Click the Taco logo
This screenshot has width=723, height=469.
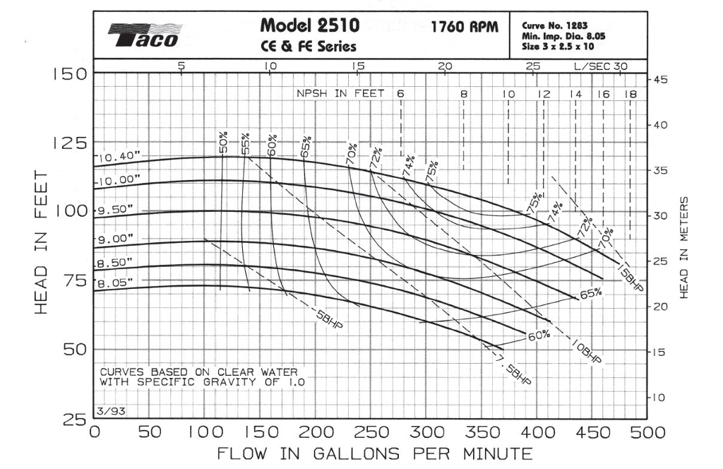tap(145, 35)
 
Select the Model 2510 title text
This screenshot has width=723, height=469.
tap(310, 26)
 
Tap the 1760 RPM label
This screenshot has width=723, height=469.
tap(465, 28)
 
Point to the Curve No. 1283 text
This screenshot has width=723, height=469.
tap(555, 25)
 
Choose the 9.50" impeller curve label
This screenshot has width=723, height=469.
tap(116, 210)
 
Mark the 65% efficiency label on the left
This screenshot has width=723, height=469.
tap(305, 147)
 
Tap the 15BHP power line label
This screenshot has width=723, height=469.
tap(630, 277)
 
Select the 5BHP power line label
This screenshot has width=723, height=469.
tap(328, 322)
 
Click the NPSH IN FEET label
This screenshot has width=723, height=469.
tap(340, 93)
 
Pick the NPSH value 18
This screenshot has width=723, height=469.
tap(630, 94)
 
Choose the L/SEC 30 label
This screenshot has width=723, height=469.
tap(600, 66)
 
